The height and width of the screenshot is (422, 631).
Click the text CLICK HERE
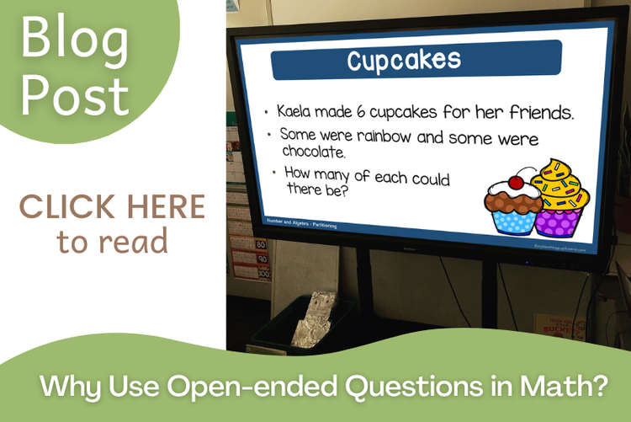coord(112,206)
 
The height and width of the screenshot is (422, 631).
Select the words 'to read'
coord(112,242)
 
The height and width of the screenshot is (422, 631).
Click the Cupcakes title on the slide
coord(404,61)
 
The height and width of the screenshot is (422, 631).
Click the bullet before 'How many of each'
coord(273,173)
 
